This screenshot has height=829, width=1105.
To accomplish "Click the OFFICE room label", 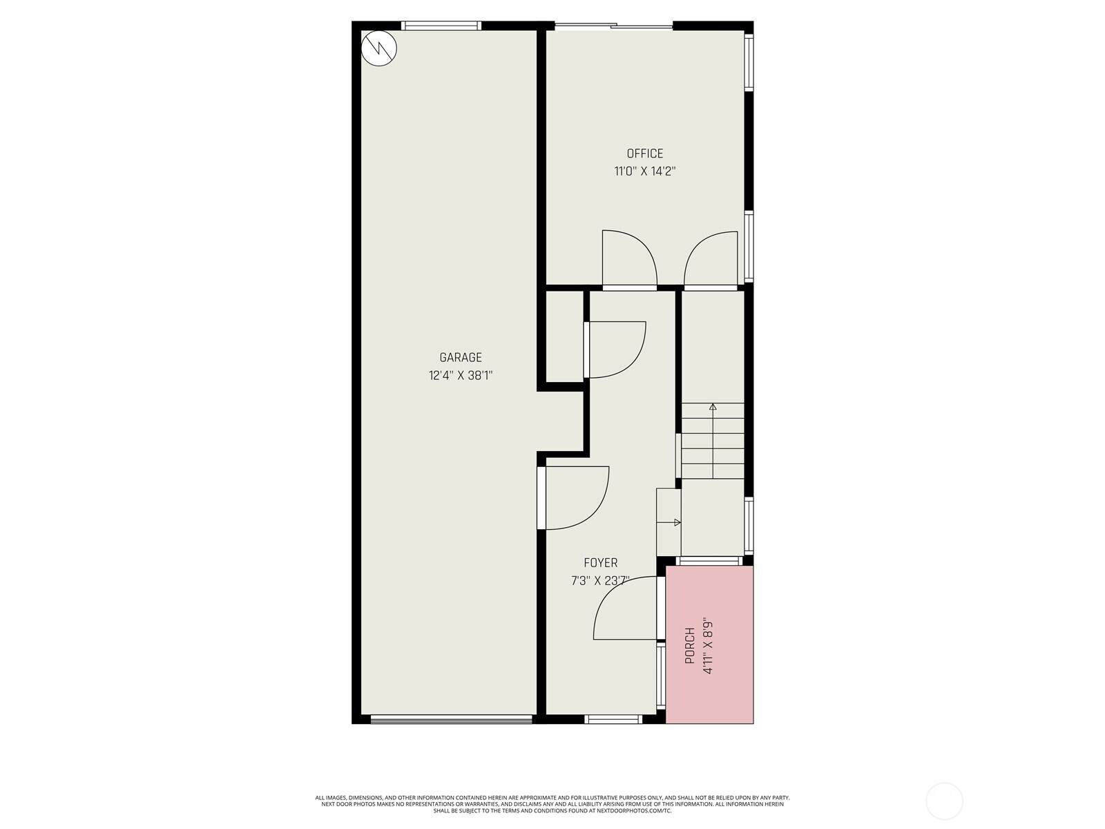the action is coord(644,153).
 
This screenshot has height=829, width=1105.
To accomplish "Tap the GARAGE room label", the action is coord(461,357).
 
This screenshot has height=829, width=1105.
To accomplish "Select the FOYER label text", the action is coord(601,563).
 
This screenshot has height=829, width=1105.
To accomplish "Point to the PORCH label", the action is coord(690,645).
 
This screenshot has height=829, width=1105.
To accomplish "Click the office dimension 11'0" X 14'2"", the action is coord(644,171).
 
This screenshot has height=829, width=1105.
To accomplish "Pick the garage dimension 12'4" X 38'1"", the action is coord(461,376).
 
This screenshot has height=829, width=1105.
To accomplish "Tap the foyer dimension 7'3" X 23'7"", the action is coord(601,581).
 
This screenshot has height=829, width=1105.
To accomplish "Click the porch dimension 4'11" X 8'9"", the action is coord(708,645).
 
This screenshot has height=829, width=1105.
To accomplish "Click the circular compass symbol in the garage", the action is coord(379,48).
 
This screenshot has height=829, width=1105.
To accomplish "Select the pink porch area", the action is coord(709,645).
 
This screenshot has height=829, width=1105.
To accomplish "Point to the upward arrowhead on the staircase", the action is coord(713,407).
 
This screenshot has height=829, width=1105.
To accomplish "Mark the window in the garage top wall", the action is coord(441,26).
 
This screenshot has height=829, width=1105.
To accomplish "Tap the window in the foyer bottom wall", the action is coord(613,718).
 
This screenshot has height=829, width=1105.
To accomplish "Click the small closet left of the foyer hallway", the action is coord(565,336).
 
